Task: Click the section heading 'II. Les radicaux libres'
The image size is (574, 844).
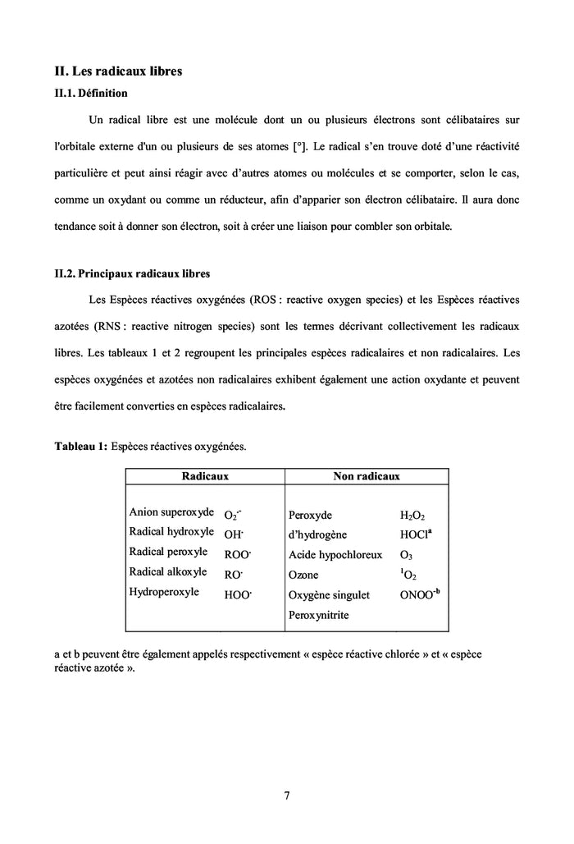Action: (118, 71)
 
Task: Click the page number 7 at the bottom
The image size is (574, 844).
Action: (287, 795)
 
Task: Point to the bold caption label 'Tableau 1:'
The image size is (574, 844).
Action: (80, 447)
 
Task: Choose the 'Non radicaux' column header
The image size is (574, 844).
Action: (366, 476)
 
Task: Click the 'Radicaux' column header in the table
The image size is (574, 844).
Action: (204, 476)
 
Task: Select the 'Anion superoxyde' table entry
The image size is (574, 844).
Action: (171, 511)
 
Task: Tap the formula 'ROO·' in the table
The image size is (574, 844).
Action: (237, 554)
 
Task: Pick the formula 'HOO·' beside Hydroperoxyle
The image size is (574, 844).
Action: (238, 595)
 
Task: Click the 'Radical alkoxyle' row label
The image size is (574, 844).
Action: (168, 571)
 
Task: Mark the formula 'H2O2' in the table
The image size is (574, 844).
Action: (412, 516)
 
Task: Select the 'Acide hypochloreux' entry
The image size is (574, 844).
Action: (335, 555)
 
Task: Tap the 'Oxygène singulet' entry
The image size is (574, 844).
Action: (329, 595)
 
